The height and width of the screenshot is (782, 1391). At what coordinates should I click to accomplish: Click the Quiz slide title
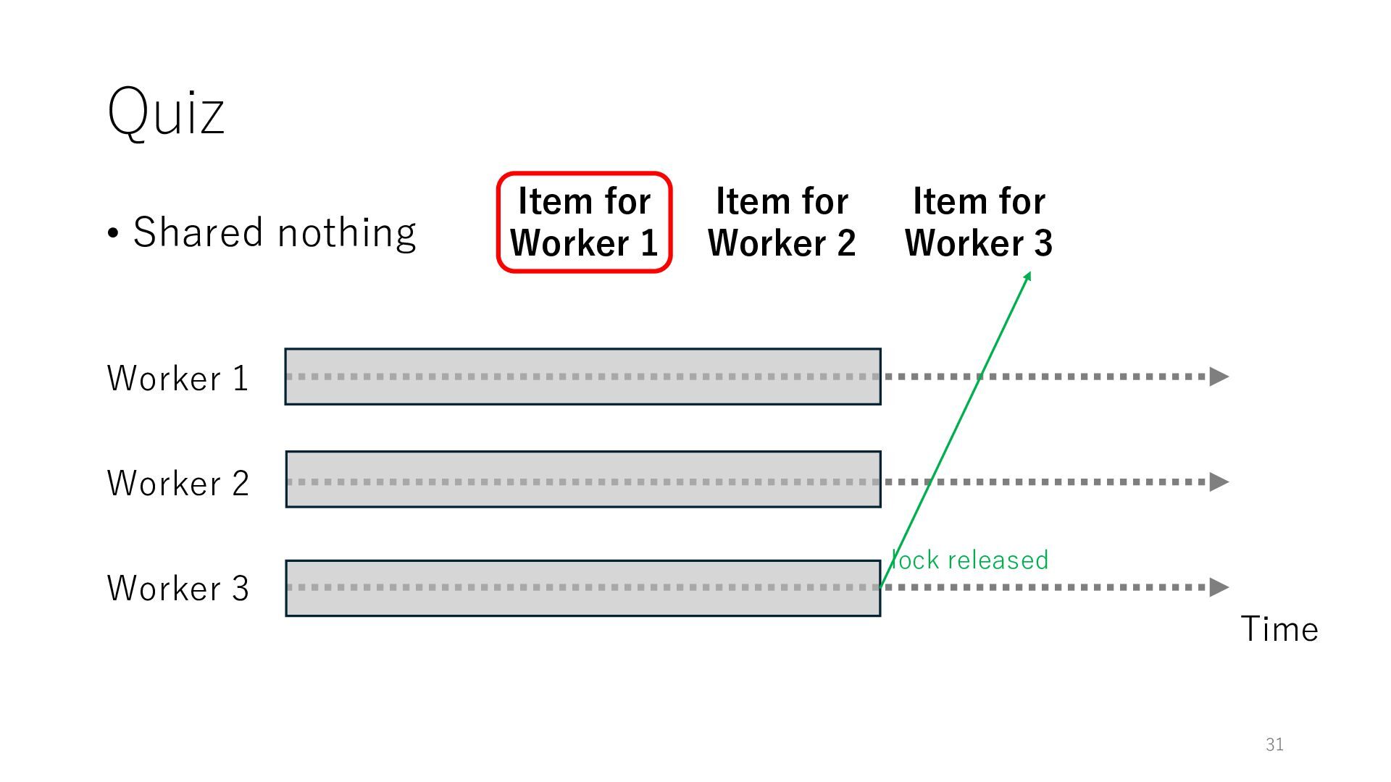pos(166,112)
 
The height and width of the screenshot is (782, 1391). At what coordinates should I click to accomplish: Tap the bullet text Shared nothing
pos(274,232)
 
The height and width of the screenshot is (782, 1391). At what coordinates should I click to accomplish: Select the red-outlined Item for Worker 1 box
pos(584,222)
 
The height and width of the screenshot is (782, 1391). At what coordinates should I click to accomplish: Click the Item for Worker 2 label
pos(782,222)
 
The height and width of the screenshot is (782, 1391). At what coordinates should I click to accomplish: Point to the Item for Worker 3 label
pos(979,222)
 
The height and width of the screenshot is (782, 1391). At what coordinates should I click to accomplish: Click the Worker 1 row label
pos(177,378)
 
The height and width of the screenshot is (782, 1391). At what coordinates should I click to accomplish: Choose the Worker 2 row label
pos(177,483)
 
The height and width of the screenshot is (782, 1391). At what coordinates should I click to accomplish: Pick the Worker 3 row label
pos(177,588)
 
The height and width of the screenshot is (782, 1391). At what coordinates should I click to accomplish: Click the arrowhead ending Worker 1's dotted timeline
pos(1219,377)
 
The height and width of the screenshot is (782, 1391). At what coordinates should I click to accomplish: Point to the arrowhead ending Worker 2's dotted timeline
pos(1219,482)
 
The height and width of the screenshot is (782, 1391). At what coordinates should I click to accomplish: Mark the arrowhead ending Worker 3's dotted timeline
pos(1219,587)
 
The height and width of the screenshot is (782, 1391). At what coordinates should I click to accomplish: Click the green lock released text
pos(970,560)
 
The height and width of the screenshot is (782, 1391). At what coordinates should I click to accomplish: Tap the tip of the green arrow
pos(1029,274)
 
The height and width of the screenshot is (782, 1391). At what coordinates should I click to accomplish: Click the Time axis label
pos(1279,628)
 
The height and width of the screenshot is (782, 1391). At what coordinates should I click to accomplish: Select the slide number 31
pos(1274,744)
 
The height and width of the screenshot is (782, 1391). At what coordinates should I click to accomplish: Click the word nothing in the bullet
pos(346,233)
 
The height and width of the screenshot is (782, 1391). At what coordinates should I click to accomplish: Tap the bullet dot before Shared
pos(113,234)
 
